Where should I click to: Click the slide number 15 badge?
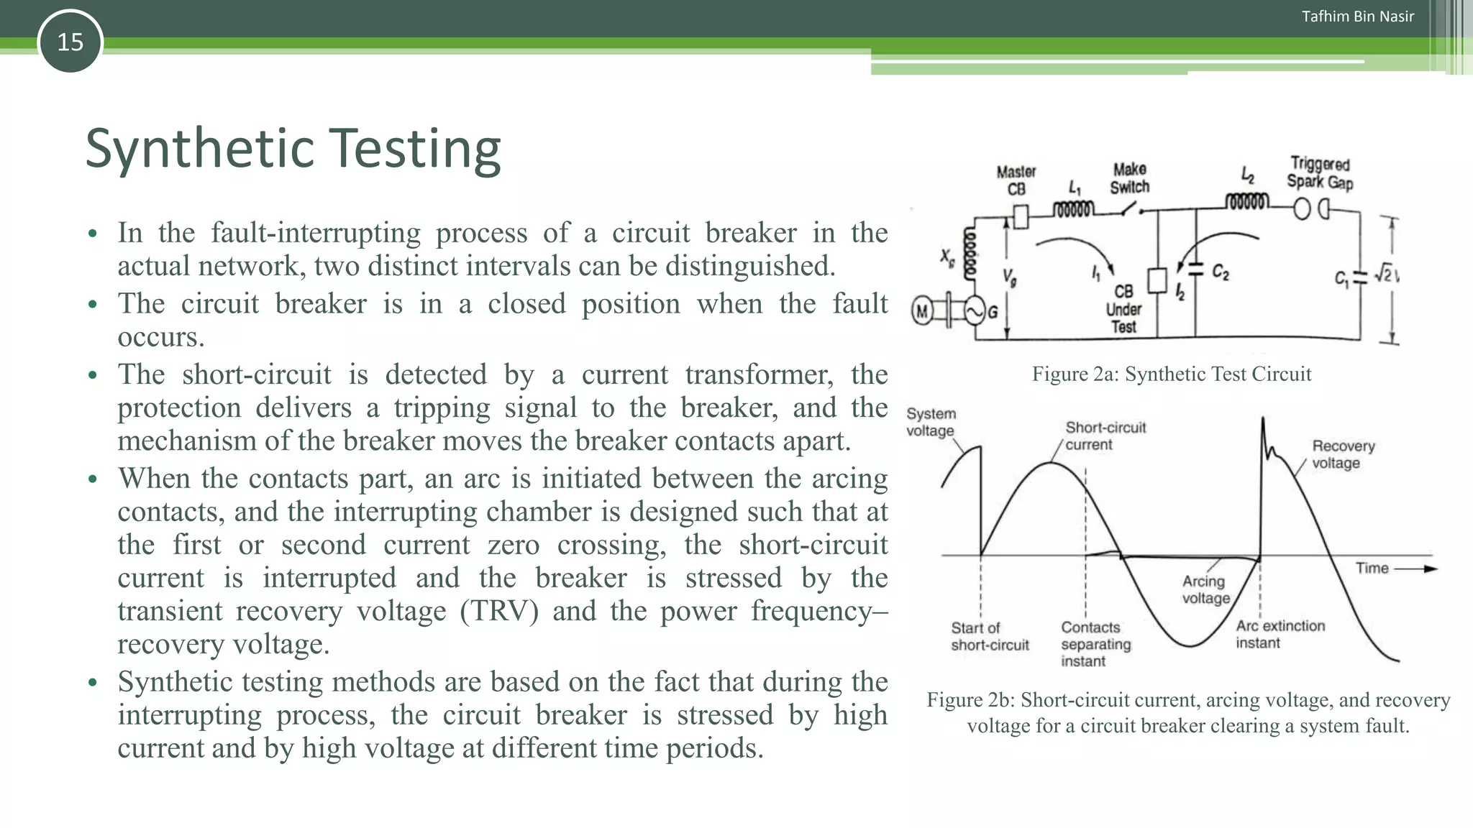(x=70, y=42)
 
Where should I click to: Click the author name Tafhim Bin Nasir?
(x=1357, y=17)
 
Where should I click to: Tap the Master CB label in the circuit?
(x=1016, y=180)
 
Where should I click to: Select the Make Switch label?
(x=1129, y=178)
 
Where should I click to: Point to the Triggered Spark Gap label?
(x=1320, y=173)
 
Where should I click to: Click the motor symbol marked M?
(x=922, y=311)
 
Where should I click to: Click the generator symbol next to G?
(x=975, y=311)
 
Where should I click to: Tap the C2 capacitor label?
(x=1221, y=272)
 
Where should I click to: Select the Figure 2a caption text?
(x=1171, y=374)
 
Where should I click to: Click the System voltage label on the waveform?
(x=931, y=422)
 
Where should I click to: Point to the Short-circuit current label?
(x=1105, y=436)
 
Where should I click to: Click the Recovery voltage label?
(x=1343, y=454)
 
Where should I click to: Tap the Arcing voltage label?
(x=1205, y=589)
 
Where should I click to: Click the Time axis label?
(x=1372, y=568)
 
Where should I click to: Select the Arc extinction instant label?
(x=1280, y=634)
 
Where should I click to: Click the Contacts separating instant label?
(x=1095, y=644)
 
